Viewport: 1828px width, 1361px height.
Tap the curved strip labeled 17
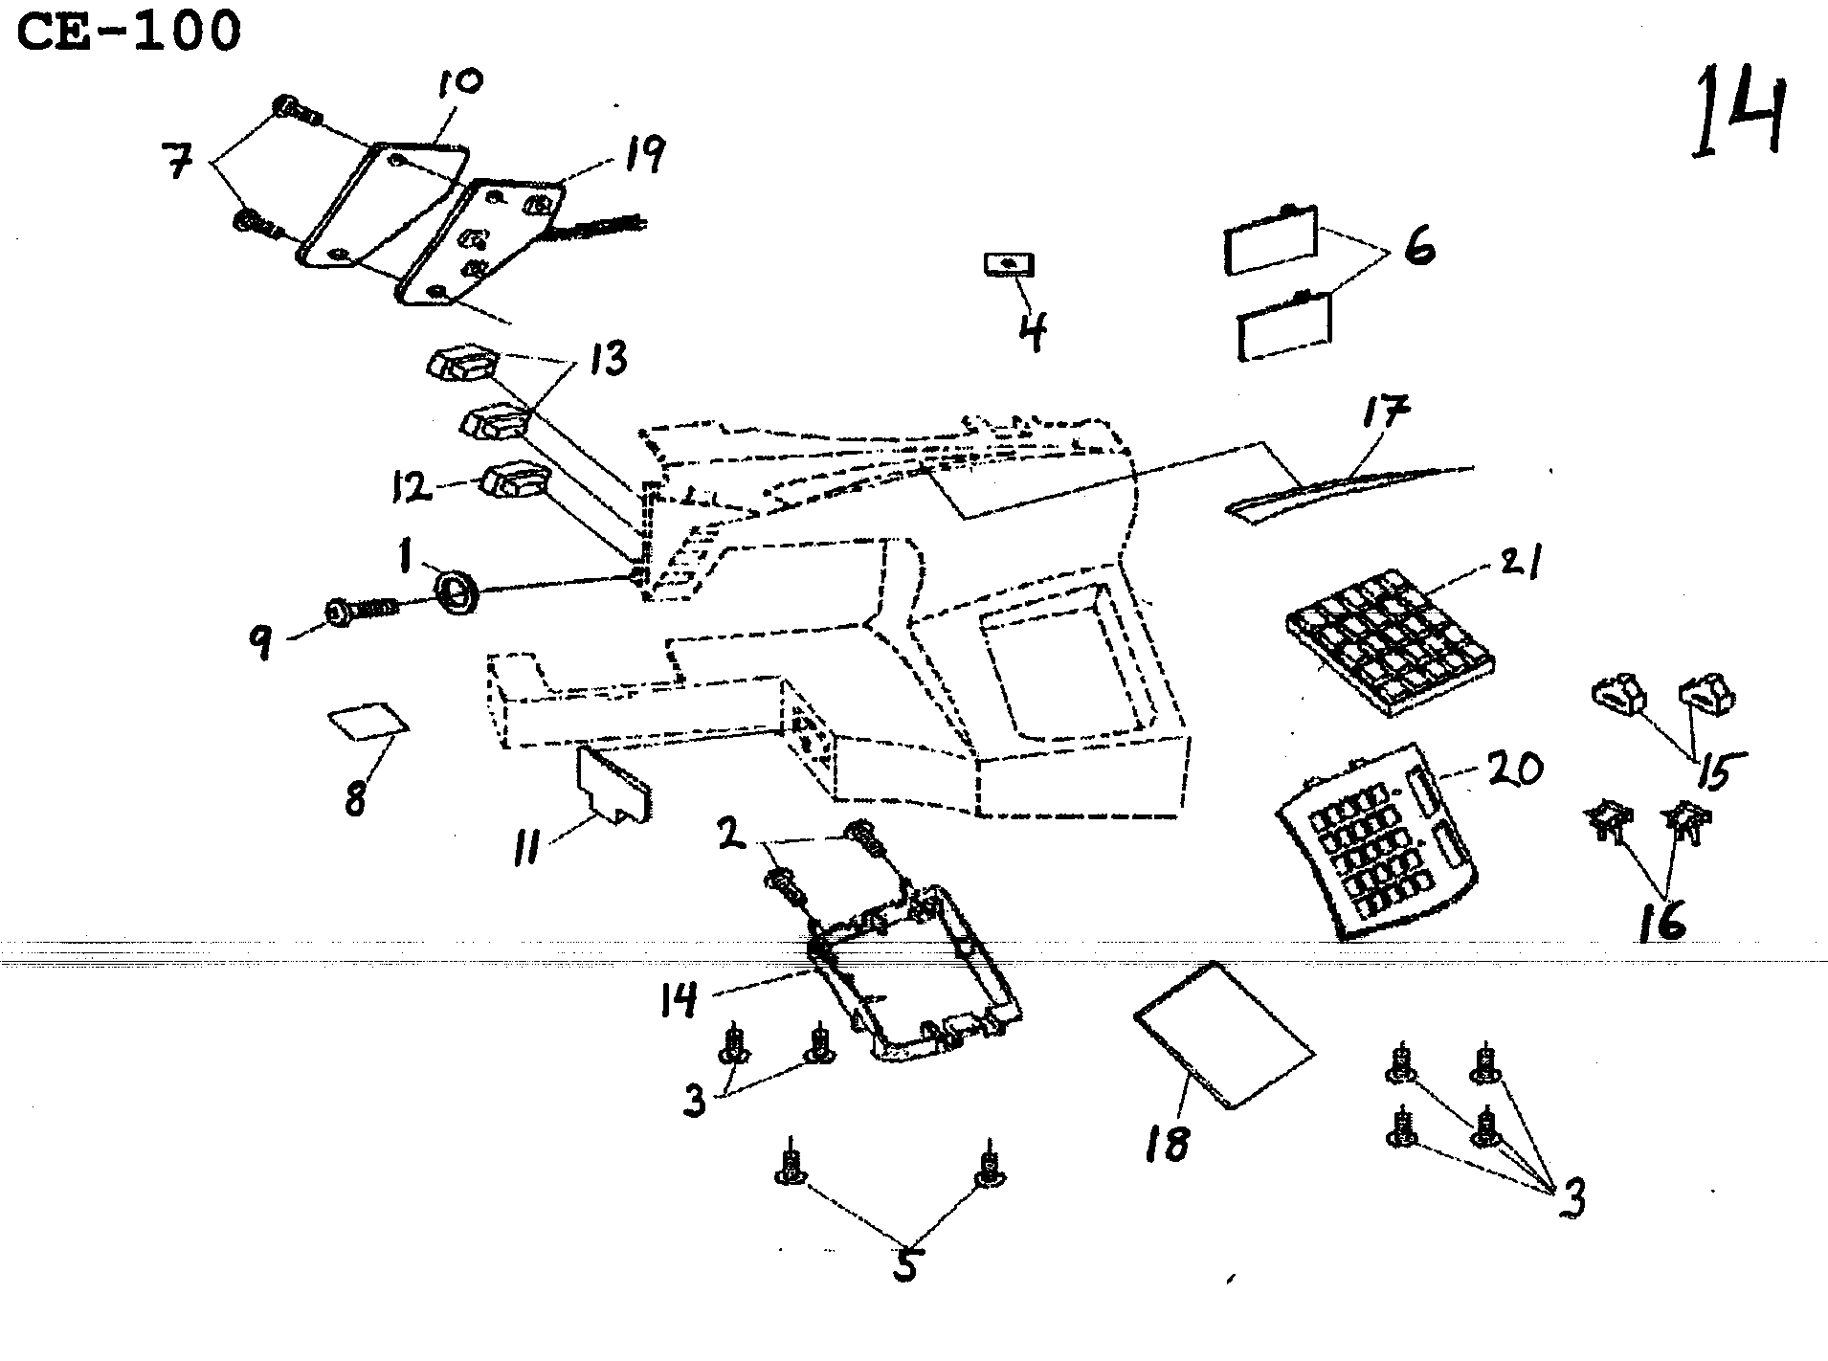(x=1340, y=489)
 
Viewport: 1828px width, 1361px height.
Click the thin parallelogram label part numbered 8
(x=368, y=723)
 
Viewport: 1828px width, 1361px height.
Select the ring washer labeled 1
(x=457, y=589)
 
